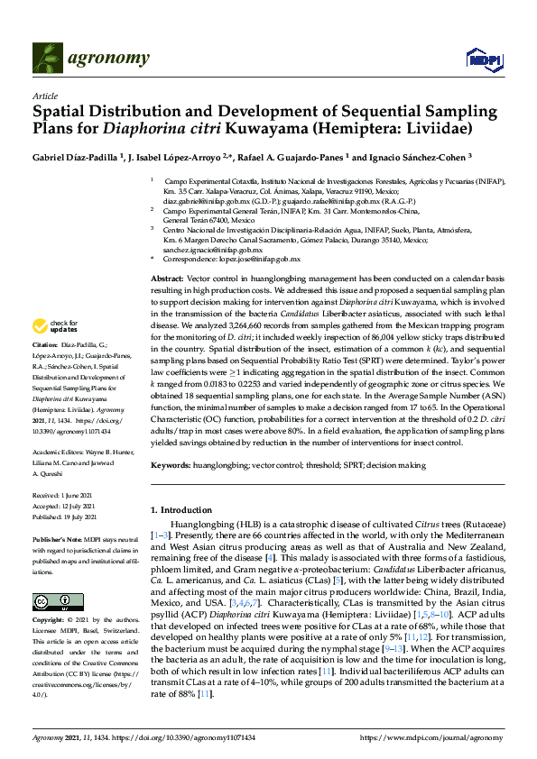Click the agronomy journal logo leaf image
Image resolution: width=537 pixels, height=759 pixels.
pos(49,59)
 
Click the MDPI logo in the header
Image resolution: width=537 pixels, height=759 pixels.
pos(483,59)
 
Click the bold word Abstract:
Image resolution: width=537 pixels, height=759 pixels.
pos(166,280)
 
